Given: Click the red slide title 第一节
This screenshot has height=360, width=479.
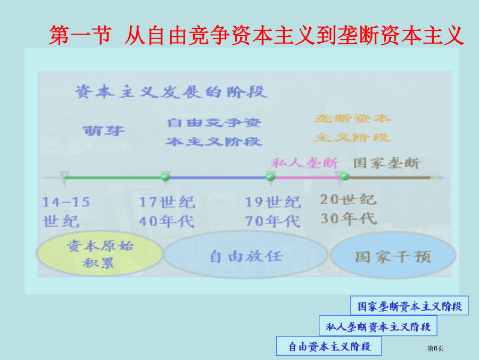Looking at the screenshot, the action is [x=80, y=35].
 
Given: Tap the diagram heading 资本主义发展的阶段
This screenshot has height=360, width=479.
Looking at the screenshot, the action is [x=171, y=92].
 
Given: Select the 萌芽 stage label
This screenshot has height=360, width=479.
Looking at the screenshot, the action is [x=104, y=131].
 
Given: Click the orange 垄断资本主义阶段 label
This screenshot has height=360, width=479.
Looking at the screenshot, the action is [x=352, y=128].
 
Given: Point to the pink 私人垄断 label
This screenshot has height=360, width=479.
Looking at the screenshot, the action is [x=304, y=163].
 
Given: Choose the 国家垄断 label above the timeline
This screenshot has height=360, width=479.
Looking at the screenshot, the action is [x=387, y=163].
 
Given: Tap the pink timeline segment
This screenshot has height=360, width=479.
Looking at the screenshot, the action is [x=307, y=177].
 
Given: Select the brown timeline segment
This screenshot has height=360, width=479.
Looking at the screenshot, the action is [x=390, y=177].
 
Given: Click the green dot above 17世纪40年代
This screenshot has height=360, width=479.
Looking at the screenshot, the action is [x=166, y=177].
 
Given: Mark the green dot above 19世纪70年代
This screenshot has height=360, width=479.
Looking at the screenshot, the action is [x=270, y=177].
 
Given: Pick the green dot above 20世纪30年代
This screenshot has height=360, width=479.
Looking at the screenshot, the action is [x=344, y=177].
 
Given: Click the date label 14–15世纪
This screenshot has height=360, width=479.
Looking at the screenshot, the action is [x=65, y=212].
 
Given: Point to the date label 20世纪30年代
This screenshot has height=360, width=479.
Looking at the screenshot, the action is [x=349, y=210].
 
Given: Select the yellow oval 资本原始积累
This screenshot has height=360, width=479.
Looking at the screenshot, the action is [x=100, y=254].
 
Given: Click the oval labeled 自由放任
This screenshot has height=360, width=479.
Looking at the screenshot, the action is [x=246, y=255].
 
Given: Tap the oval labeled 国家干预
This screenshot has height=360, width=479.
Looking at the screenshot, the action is [x=393, y=255].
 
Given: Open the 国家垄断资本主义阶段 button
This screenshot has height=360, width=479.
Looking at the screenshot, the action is [x=409, y=306].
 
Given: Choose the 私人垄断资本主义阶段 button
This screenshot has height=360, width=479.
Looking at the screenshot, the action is [x=378, y=326].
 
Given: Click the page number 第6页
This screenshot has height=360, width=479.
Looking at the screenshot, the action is [x=435, y=348].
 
